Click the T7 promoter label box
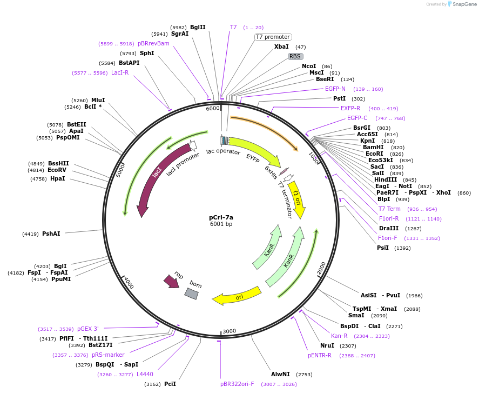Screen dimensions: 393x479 (273, 37)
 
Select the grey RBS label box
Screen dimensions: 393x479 (295, 56)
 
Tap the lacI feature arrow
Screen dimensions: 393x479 (153, 179)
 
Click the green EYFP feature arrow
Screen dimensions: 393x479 (253, 151)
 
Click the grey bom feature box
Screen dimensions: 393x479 (192, 293)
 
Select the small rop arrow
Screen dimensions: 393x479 (172, 281)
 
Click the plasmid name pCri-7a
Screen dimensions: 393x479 (221, 217)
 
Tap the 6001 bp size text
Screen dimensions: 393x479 (221, 224)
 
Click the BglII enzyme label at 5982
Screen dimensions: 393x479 (198, 27)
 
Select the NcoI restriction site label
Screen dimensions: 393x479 (309, 66)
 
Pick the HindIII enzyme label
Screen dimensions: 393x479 (387, 180)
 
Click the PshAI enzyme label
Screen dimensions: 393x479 (51, 234)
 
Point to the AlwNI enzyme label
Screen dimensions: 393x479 (280, 374)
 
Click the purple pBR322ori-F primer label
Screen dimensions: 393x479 (237, 384)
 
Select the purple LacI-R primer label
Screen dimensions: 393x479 (120, 72)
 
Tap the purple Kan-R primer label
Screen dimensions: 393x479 (339, 336)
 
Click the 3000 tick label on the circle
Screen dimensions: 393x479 (229, 331)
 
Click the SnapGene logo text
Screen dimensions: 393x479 (464, 4)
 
